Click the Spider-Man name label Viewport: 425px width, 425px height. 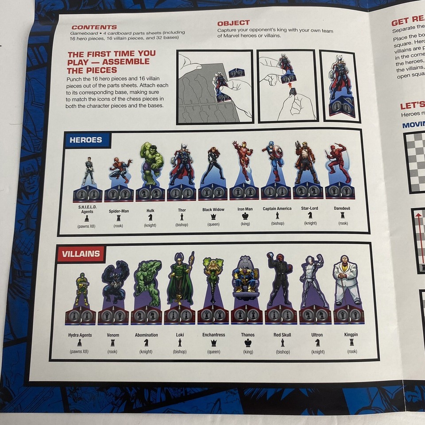coord(119,211)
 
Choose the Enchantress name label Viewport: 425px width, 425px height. coord(214,335)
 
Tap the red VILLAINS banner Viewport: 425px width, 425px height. coord(81,254)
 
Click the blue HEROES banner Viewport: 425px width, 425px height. coord(86,140)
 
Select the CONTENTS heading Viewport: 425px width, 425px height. coord(94,27)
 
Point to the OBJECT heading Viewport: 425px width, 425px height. coord(233,23)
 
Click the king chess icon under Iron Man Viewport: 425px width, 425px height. coord(245,216)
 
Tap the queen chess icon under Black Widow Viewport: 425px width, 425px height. coord(213,216)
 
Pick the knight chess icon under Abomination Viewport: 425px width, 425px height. coord(146,343)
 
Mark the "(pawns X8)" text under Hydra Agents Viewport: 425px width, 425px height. coord(80,352)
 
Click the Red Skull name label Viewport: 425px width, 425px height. coord(282,335)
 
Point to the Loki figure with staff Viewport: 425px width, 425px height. coord(181,279)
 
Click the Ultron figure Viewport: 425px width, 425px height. coord(315,281)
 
